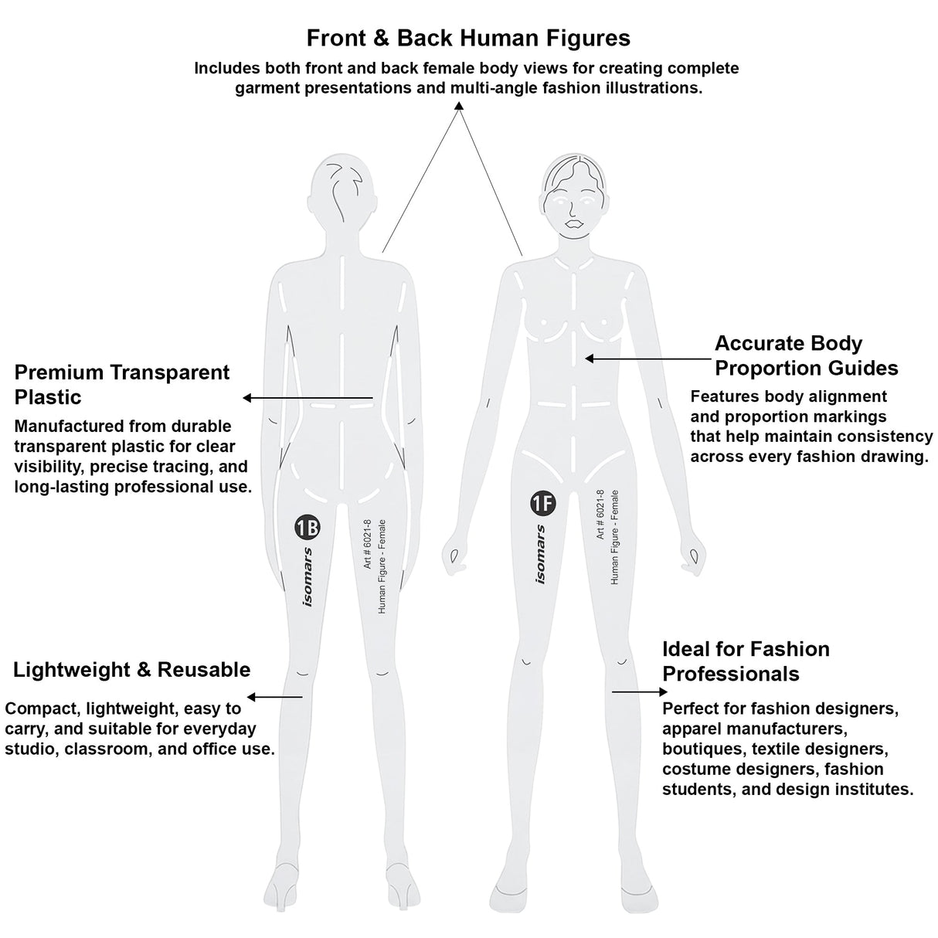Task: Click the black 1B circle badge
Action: (308, 528)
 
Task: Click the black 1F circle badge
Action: (543, 503)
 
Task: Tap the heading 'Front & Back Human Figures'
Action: (468, 38)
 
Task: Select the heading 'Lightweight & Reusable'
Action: (131, 670)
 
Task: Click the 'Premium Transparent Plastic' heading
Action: (121, 385)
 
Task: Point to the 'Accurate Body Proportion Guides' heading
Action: (807, 356)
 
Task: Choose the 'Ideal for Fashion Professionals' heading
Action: (746, 661)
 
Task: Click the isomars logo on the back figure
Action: (308, 577)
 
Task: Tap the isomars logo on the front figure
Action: (541, 554)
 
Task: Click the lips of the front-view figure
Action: (574, 224)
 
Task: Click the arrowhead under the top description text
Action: (458, 106)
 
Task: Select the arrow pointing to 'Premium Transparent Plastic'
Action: (308, 398)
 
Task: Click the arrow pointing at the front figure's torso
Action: (648, 359)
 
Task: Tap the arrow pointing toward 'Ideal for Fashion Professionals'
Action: (640, 692)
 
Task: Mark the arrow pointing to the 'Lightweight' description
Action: (275, 697)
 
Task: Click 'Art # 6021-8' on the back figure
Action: (368, 544)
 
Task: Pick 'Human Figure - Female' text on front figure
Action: (615, 537)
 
